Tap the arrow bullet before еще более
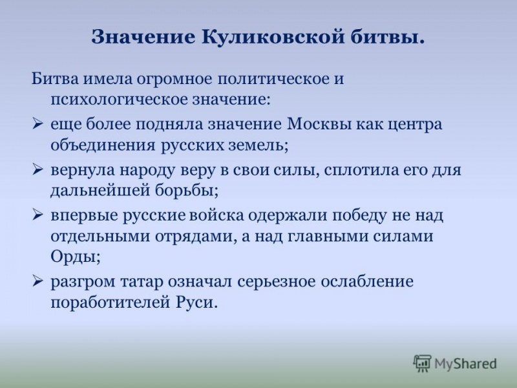pos(38,124)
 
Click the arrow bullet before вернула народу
pos(38,169)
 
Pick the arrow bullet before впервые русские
pos(38,215)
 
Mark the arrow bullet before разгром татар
pos(38,282)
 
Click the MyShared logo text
pos(465,364)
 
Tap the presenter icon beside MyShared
pos(422,363)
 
